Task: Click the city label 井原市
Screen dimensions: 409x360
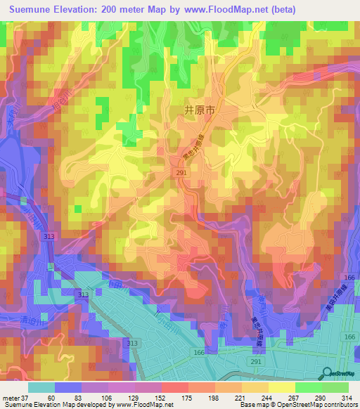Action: pos(198,110)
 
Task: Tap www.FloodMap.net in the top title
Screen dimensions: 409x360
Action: pos(227,9)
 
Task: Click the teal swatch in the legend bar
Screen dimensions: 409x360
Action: pos(42,387)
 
